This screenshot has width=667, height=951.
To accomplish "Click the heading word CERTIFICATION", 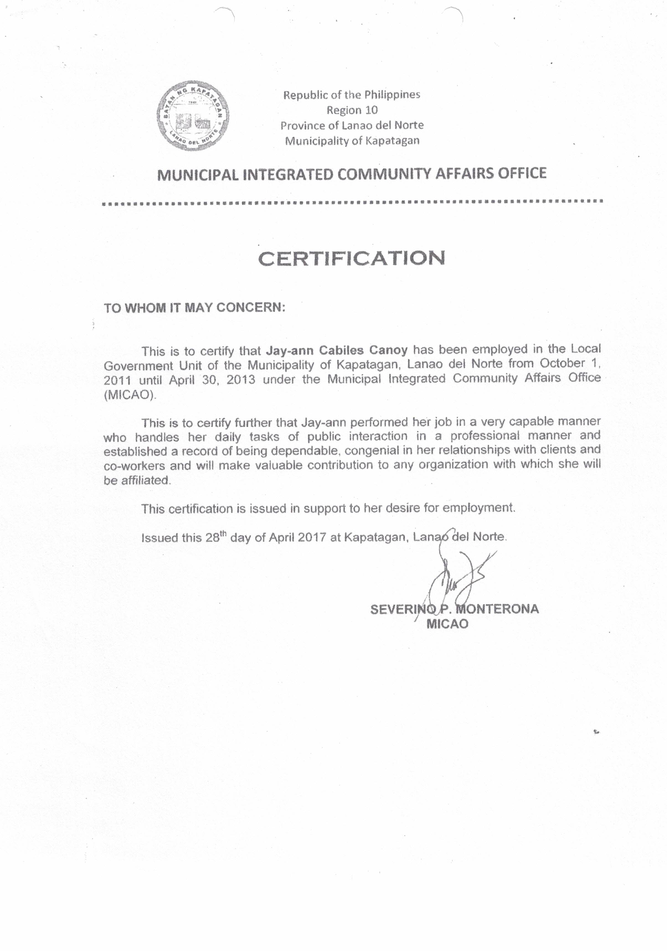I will click(x=352, y=258).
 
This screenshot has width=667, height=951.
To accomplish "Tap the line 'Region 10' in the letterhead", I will click(x=352, y=110).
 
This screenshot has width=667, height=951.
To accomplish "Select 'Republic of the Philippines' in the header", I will click(x=352, y=95).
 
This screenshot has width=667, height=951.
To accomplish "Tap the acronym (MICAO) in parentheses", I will click(x=130, y=395).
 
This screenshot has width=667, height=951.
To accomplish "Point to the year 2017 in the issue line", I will click(x=310, y=537).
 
